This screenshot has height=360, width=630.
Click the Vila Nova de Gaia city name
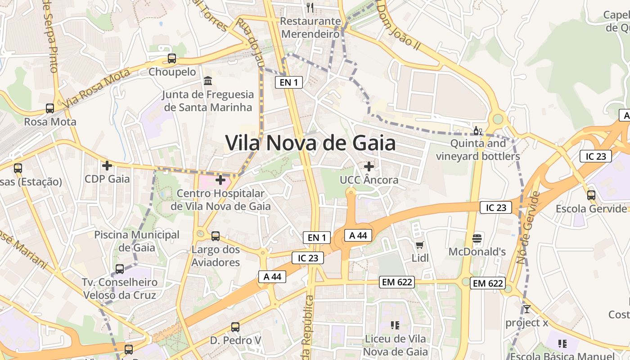pyautogui.click(x=310, y=143)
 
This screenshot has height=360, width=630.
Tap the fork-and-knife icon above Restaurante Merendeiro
pyautogui.click(x=310, y=7)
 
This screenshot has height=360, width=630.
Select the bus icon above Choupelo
pyautogui.click(x=172, y=58)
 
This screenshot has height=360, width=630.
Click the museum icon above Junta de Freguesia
pyautogui.click(x=208, y=81)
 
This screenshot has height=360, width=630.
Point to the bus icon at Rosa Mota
pyautogui.click(x=50, y=108)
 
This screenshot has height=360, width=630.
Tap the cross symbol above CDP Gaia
pyautogui.click(x=107, y=166)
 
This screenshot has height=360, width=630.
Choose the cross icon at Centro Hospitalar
pyautogui.click(x=220, y=180)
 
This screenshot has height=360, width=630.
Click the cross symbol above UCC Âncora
pyautogui.click(x=369, y=166)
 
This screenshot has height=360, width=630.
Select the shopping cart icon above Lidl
pyautogui.click(x=420, y=245)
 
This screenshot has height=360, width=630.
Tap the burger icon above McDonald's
pyautogui.click(x=477, y=238)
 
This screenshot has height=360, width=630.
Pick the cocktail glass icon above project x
pyautogui.click(x=526, y=309)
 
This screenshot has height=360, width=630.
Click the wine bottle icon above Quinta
pyautogui.click(x=477, y=131)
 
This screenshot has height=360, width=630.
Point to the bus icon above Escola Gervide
pyautogui.click(x=591, y=195)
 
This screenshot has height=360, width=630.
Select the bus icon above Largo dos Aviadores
pyautogui.click(x=216, y=236)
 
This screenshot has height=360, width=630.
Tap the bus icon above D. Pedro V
pyautogui.click(x=235, y=327)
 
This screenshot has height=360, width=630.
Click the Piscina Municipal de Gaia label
pyautogui.click(x=137, y=241)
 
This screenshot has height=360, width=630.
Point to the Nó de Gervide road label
pyautogui.click(x=528, y=228)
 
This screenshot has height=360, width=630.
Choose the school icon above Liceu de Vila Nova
pyautogui.click(x=395, y=325)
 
